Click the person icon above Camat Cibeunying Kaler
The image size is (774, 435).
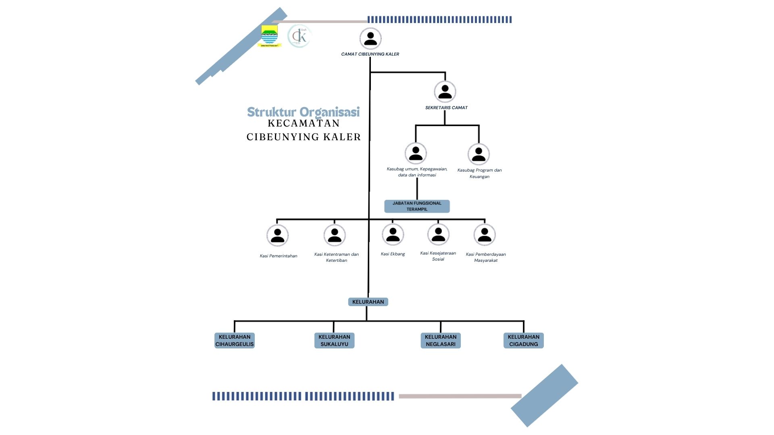tap(370, 38)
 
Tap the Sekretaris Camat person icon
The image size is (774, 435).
tap(445, 91)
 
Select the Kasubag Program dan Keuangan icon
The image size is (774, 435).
tap(479, 154)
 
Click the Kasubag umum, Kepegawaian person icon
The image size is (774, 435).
tap(416, 153)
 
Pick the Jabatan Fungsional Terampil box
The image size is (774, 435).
tap(417, 206)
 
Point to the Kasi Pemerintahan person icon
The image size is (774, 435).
tap(277, 235)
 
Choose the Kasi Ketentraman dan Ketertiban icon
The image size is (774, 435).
tap(334, 235)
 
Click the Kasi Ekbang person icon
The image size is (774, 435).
tap(393, 234)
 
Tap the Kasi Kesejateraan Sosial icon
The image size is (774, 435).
tap(438, 234)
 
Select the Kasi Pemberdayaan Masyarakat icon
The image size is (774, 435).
tap(484, 234)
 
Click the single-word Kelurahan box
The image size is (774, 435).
tap(368, 302)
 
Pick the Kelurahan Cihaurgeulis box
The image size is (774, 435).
tap(235, 340)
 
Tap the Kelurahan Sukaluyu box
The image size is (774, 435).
tap(334, 340)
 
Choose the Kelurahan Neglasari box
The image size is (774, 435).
tap(441, 340)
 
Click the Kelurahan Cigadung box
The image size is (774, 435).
tap(523, 340)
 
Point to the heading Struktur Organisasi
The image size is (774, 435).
tap(303, 112)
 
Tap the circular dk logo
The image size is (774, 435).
tap(300, 36)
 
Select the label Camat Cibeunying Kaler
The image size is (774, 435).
tap(370, 54)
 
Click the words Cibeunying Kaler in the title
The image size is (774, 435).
tap(304, 137)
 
